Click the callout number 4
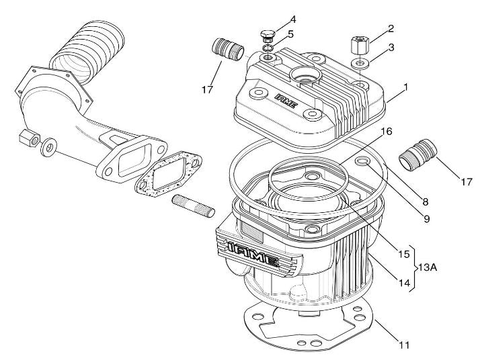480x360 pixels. (x=292, y=20)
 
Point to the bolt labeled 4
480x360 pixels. (x=268, y=36)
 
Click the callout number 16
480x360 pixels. (x=387, y=132)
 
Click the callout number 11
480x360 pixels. (x=404, y=345)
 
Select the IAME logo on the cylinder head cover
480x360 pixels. (x=286, y=101)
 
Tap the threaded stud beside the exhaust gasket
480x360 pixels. (x=194, y=206)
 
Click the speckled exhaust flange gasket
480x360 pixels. (x=168, y=173)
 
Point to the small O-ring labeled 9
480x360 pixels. (x=362, y=161)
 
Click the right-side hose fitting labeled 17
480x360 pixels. (x=418, y=154)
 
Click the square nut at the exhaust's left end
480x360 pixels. (x=30, y=138)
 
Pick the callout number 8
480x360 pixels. (x=425, y=202)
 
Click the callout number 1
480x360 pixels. (x=405, y=87)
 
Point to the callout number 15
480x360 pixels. (x=404, y=254)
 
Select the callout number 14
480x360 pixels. (x=404, y=283)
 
